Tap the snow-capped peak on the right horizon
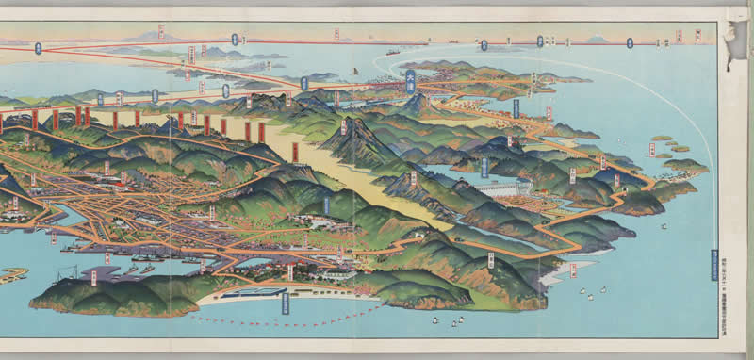pos(593,41)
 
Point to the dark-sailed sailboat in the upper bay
pos(353,71)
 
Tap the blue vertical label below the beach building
pos(285,303)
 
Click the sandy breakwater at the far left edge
pos(11,274)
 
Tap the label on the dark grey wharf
pos(93,275)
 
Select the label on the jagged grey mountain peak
pos(344,126)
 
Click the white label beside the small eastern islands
pos(651,149)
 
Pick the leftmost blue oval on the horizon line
pos(38,48)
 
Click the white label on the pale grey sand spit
pos(572,270)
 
